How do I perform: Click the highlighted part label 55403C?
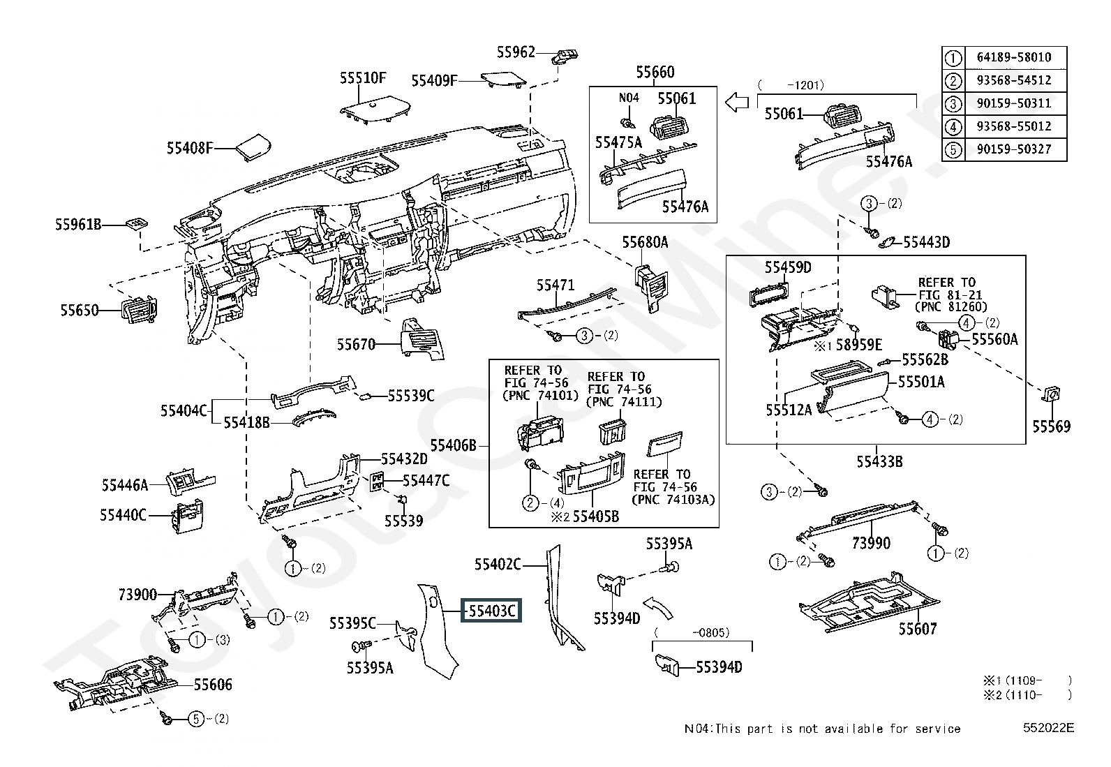tap(491, 611)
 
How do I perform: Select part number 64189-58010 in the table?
tap(1013, 57)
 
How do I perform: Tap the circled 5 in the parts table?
tap(953, 149)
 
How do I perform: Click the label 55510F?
tap(363, 77)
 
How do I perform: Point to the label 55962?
tap(516, 52)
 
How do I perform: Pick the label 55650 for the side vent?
tap(79, 310)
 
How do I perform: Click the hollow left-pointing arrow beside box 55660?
tap(736, 103)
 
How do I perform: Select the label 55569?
tap(1051, 426)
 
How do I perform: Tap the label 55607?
tap(917, 629)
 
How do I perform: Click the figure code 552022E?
tap(1048, 728)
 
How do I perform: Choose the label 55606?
tap(213, 685)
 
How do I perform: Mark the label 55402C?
tap(498, 564)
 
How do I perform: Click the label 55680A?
tap(645, 242)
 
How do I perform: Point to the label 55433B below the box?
tap(879, 461)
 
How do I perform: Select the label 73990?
tap(871, 542)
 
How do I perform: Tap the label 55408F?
tap(189, 148)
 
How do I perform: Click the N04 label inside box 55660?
tap(629, 98)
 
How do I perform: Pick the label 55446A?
tap(124, 484)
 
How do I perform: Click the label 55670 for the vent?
tap(356, 344)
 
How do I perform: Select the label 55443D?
tap(926, 242)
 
